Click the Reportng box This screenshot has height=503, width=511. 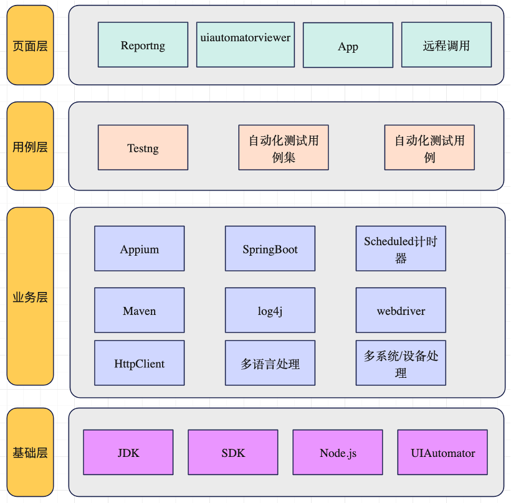(143, 45)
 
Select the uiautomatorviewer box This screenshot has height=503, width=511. (246, 45)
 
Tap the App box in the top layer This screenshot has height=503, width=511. (348, 45)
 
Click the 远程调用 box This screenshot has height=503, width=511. (446, 45)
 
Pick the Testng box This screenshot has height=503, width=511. (143, 148)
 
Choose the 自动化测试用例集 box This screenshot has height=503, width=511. (284, 148)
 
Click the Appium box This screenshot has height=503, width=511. (140, 248)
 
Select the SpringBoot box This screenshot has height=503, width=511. (270, 248)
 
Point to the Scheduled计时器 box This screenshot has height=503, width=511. (401, 248)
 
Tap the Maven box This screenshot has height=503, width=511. (140, 310)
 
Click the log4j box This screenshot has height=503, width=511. (270, 310)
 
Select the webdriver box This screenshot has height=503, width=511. (401, 310)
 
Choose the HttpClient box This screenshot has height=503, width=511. (140, 363)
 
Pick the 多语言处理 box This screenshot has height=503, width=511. (270, 363)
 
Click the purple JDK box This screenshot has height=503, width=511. (128, 453)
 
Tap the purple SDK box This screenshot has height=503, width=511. (233, 453)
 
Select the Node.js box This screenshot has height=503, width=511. (338, 453)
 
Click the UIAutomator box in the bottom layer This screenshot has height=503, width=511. (442, 453)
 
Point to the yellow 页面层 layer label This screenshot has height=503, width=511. (30, 45)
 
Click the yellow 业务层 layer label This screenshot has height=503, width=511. (30, 297)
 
